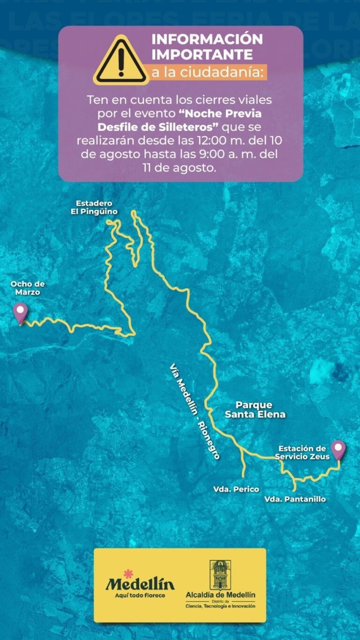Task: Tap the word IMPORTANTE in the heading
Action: click(202, 55)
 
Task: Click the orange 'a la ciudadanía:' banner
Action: click(208, 73)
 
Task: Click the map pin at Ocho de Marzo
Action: click(20, 312)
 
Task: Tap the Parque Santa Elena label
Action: click(255, 409)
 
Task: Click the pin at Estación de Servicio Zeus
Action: click(338, 449)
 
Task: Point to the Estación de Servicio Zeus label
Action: click(302, 452)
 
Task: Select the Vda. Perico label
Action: click(236, 489)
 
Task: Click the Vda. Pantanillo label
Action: click(295, 499)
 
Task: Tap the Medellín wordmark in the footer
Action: click(140, 584)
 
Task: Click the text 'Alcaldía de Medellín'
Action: click(220, 595)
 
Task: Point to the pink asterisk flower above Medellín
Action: click(127, 573)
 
